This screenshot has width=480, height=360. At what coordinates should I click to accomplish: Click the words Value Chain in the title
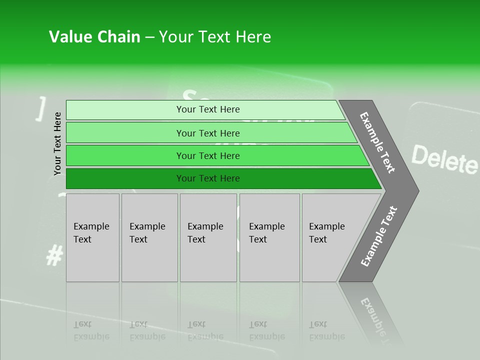(x=94, y=37)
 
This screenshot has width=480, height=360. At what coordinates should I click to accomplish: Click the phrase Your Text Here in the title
(x=215, y=37)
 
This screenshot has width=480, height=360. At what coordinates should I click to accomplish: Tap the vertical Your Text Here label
(x=57, y=143)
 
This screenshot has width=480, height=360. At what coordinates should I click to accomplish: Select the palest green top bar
(x=207, y=109)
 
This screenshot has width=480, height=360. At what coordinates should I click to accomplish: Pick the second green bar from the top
(x=207, y=133)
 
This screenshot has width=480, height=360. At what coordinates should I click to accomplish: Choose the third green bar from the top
(x=207, y=155)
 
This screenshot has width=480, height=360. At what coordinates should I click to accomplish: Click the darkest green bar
(x=207, y=178)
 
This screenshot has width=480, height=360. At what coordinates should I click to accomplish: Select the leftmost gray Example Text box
(x=92, y=237)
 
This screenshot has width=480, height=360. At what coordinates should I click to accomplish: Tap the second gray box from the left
(x=149, y=237)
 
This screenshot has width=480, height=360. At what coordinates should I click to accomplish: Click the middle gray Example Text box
(x=207, y=237)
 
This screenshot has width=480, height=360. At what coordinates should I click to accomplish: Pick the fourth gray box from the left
(x=269, y=237)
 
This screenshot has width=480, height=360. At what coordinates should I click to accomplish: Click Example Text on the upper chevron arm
(x=378, y=142)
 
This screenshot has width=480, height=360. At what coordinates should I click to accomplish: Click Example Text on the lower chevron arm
(x=379, y=236)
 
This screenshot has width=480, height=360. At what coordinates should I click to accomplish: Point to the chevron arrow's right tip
(x=417, y=191)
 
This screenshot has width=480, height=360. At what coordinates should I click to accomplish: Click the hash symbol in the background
(x=54, y=255)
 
